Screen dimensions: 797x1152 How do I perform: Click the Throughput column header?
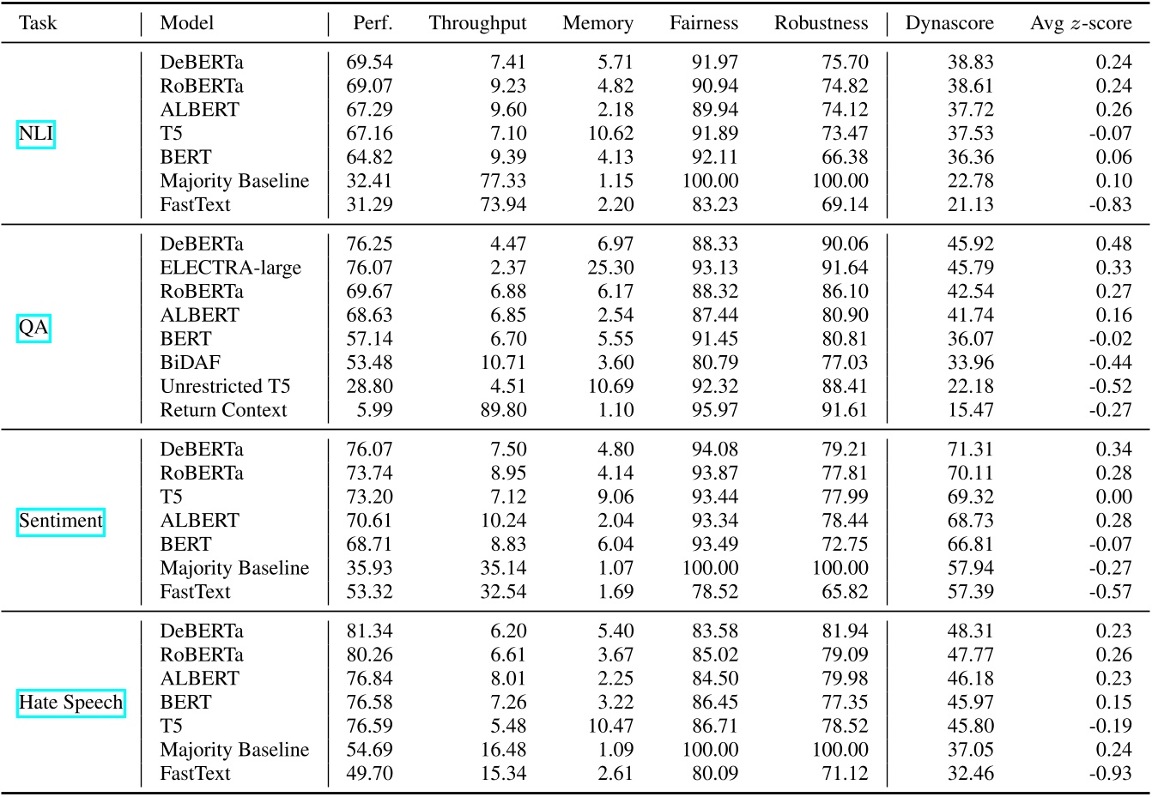coord(477,23)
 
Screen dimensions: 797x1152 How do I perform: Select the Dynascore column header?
coord(949,23)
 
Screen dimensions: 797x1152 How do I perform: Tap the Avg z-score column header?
coord(1081,23)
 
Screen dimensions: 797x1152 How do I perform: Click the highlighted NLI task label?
coord(35,134)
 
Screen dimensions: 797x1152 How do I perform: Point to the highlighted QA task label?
coord(34,328)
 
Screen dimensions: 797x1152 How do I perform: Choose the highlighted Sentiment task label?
coord(60,521)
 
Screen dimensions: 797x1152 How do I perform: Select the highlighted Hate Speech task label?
coord(71,703)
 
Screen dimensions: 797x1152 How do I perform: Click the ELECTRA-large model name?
coord(230,268)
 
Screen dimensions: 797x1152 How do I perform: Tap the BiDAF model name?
coord(190,362)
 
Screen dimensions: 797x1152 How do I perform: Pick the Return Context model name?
coord(223,410)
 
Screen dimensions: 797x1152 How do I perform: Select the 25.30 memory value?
coord(611,268)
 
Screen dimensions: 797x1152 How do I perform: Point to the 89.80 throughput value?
coord(504,410)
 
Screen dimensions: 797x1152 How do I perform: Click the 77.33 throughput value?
coord(504,181)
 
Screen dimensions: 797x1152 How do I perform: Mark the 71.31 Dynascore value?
coord(971,449)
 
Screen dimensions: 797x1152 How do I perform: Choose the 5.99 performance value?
coord(375,410)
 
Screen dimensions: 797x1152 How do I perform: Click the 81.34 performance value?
coord(369,631)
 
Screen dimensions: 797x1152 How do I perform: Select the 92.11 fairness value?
coord(715,157)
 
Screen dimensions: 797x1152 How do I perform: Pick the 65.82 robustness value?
coord(845,592)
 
